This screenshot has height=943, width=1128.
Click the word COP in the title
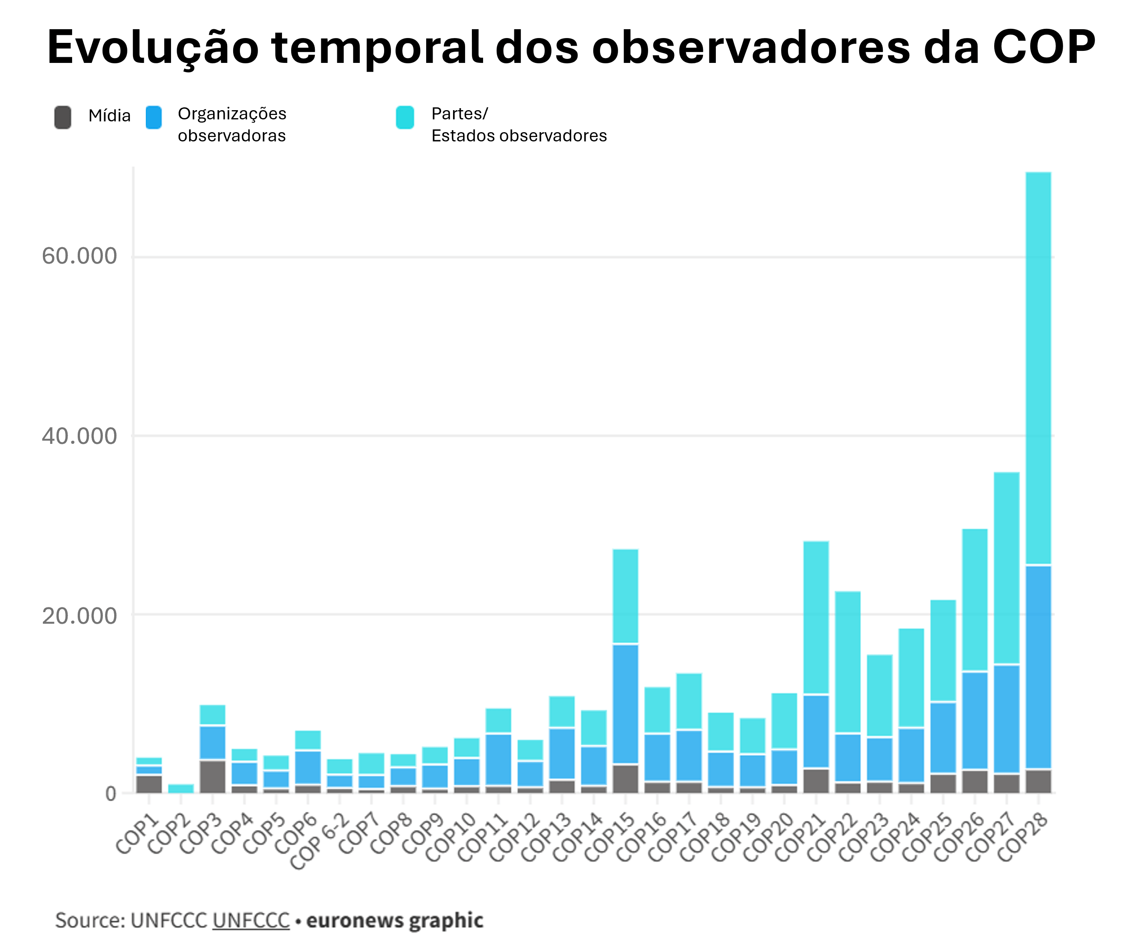(x=1043, y=47)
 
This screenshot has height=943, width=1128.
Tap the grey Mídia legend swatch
(x=63, y=117)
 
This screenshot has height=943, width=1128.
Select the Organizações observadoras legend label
(x=232, y=125)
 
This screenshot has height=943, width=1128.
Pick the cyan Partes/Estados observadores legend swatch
(x=405, y=117)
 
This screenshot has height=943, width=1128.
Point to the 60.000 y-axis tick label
(x=79, y=256)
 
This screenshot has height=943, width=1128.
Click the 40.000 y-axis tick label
(x=79, y=436)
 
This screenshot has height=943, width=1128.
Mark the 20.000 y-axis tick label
(x=79, y=616)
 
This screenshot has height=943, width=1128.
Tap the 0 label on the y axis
(x=111, y=794)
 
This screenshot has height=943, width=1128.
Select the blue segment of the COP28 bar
(x=1038, y=666)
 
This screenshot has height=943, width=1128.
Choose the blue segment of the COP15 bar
(x=626, y=704)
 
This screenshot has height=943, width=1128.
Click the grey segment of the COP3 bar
(x=213, y=776)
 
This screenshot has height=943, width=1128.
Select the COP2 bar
(x=181, y=788)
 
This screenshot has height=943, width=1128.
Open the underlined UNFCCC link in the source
(x=251, y=920)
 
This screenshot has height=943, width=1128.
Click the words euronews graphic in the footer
(x=395, y=920)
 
